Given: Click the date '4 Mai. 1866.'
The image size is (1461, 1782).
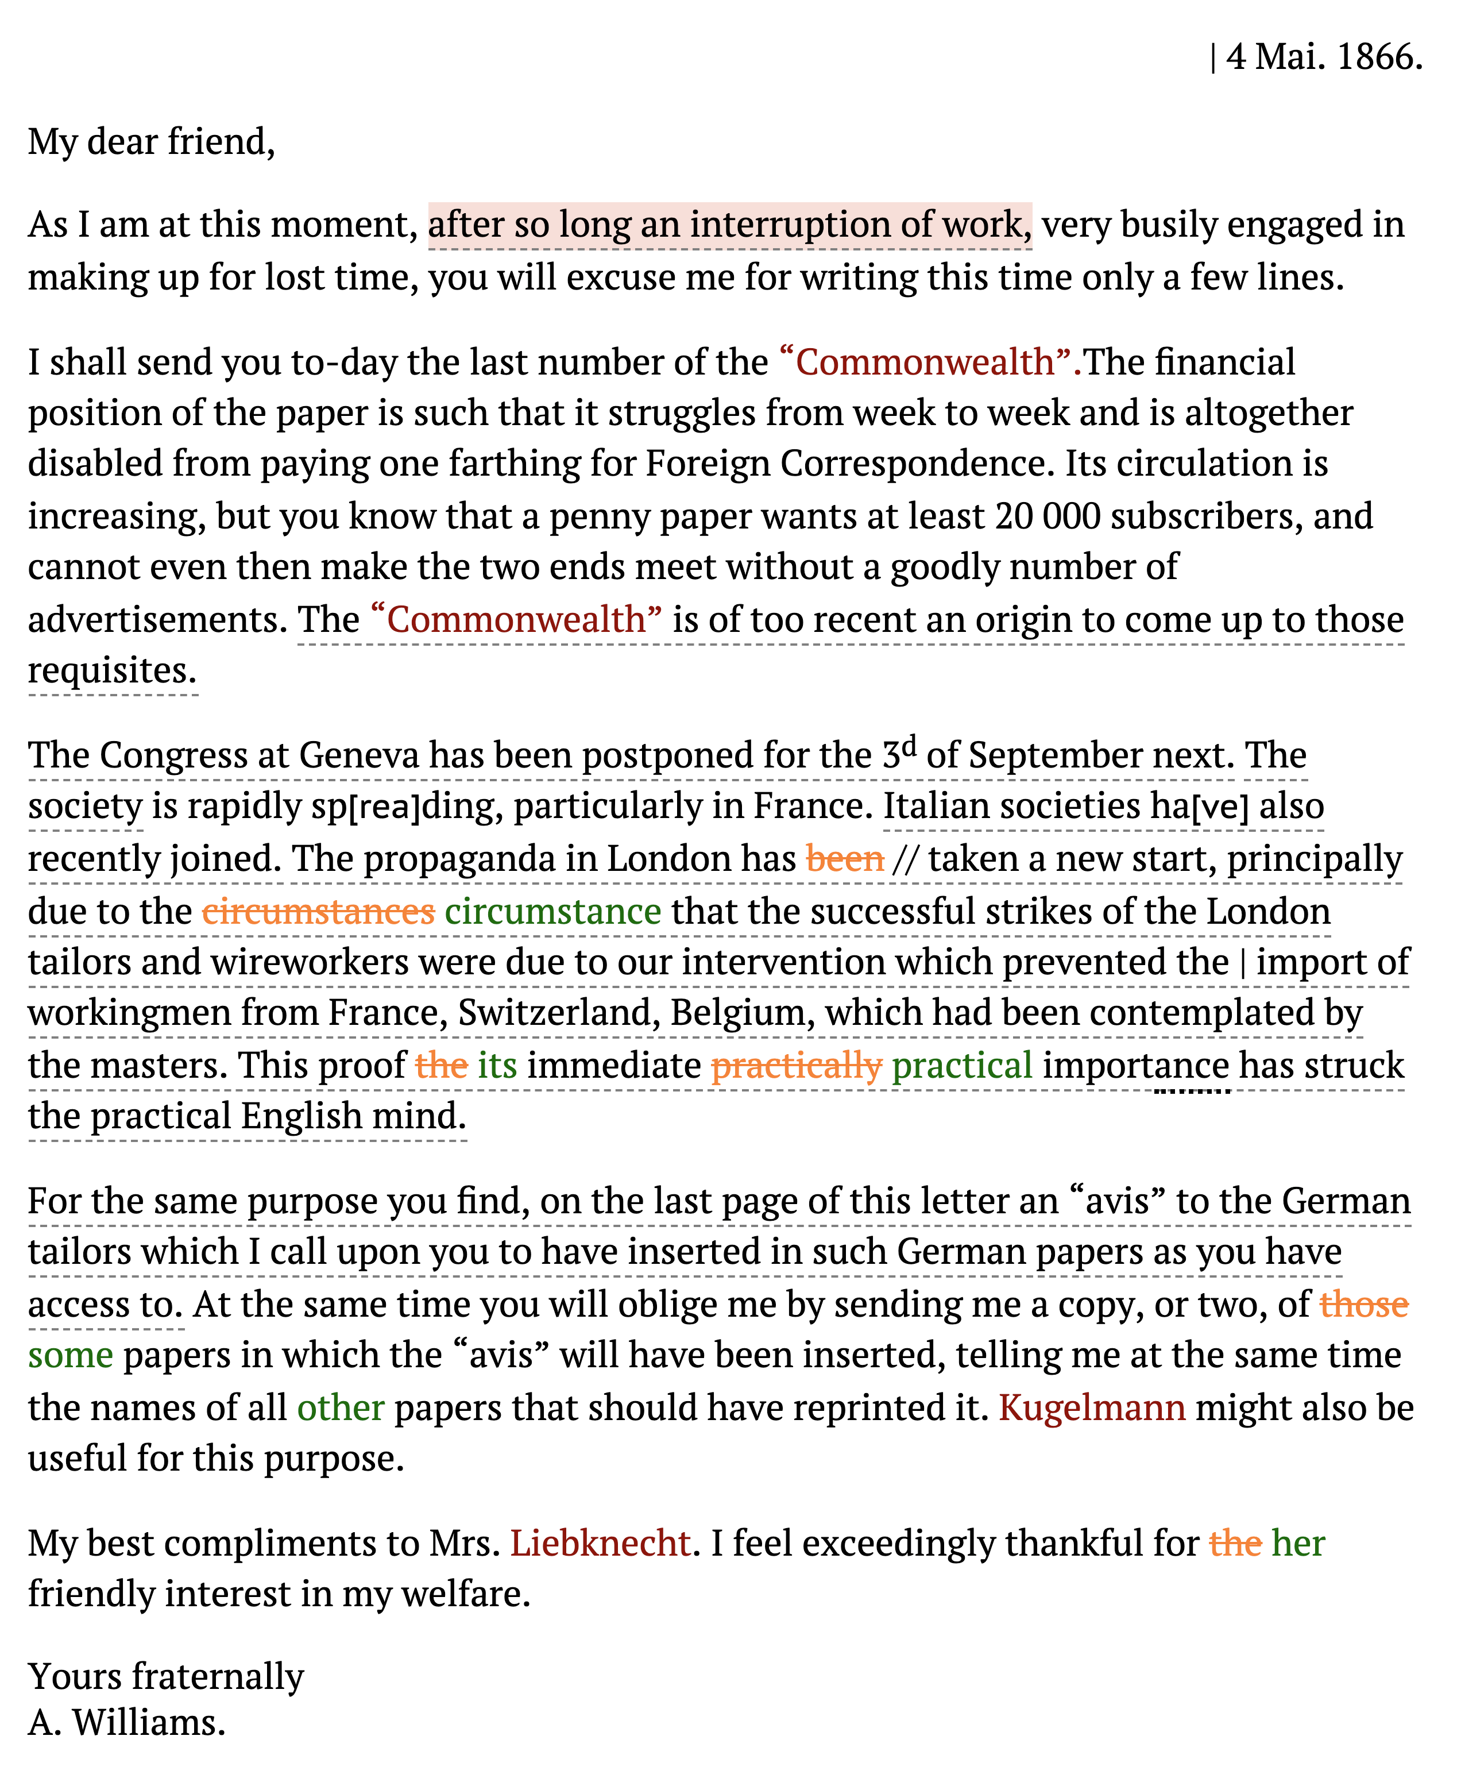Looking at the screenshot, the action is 1324,57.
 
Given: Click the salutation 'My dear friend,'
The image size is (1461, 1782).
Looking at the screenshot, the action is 152,141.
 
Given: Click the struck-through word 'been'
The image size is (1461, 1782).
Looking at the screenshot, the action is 845,859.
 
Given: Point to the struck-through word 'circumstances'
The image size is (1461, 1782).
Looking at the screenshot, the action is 318,912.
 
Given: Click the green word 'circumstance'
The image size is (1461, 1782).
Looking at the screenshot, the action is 553,912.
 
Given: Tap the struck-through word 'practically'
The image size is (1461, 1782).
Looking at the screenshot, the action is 796,1066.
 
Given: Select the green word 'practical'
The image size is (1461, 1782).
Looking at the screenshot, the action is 962,1066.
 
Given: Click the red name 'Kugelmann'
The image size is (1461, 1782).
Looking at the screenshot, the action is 1092,1407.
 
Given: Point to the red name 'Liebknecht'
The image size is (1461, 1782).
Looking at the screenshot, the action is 601,1543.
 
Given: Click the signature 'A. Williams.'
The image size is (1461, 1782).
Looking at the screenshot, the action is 127,1722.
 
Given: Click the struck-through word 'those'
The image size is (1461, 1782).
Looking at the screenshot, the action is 1363,1305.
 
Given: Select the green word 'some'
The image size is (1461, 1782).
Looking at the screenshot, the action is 71,1355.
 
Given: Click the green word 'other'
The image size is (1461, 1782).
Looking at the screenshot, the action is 341,1407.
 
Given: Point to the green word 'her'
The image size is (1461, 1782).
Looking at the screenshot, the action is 1298,1543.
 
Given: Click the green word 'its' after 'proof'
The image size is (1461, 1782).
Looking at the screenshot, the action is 497,1066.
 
